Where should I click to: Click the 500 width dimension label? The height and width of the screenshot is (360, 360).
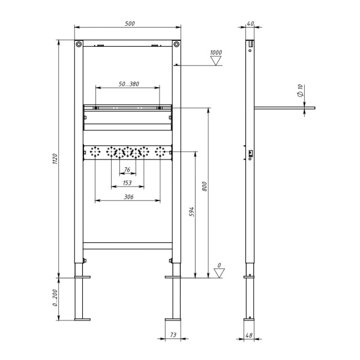130,23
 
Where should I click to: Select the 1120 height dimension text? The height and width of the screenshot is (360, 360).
55,159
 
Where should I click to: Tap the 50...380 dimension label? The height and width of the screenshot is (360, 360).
129,84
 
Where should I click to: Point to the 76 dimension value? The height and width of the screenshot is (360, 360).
127,170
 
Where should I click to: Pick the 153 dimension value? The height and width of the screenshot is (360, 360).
127,183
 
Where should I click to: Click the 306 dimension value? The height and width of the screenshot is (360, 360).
128,197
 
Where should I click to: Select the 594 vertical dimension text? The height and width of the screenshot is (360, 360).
191,212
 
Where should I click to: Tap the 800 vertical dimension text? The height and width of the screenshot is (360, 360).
205,187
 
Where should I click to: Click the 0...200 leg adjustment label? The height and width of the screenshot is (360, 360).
55,298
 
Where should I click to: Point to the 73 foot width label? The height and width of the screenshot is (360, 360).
173,335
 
